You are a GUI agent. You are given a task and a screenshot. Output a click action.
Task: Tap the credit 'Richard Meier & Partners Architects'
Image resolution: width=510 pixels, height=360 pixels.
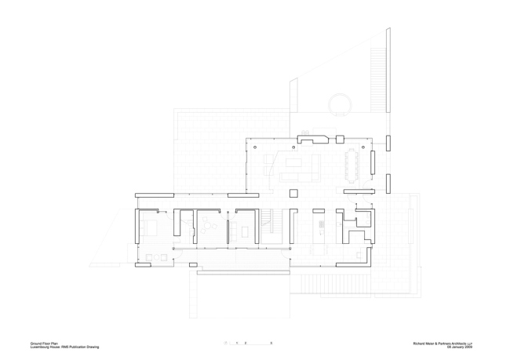pos(450,342)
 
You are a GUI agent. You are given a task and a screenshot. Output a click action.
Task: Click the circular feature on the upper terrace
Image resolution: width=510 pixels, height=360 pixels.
pos(339,104)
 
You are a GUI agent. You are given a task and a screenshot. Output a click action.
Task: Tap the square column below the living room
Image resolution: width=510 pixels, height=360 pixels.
pos(294,193)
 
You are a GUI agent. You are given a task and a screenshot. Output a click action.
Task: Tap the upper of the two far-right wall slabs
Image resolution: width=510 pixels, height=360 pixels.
pos(388,144)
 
